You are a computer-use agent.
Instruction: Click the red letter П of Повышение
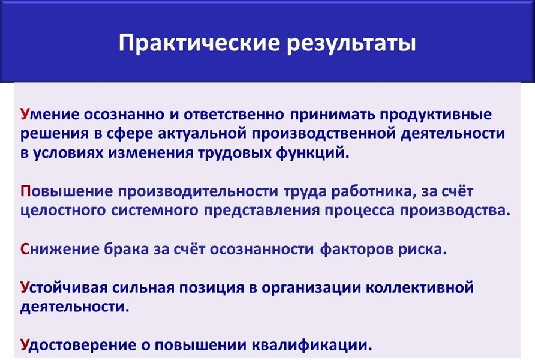(26, 191)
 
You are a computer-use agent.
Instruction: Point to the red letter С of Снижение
(25, 250)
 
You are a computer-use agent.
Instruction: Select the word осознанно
(124, 115)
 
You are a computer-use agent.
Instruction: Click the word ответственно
(234, 115)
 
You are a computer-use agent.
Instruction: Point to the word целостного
(63, 211)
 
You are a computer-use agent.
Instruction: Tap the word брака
(126, 250)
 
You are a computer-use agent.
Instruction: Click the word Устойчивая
(64, 287)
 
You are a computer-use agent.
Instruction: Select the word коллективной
(420, 287)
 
